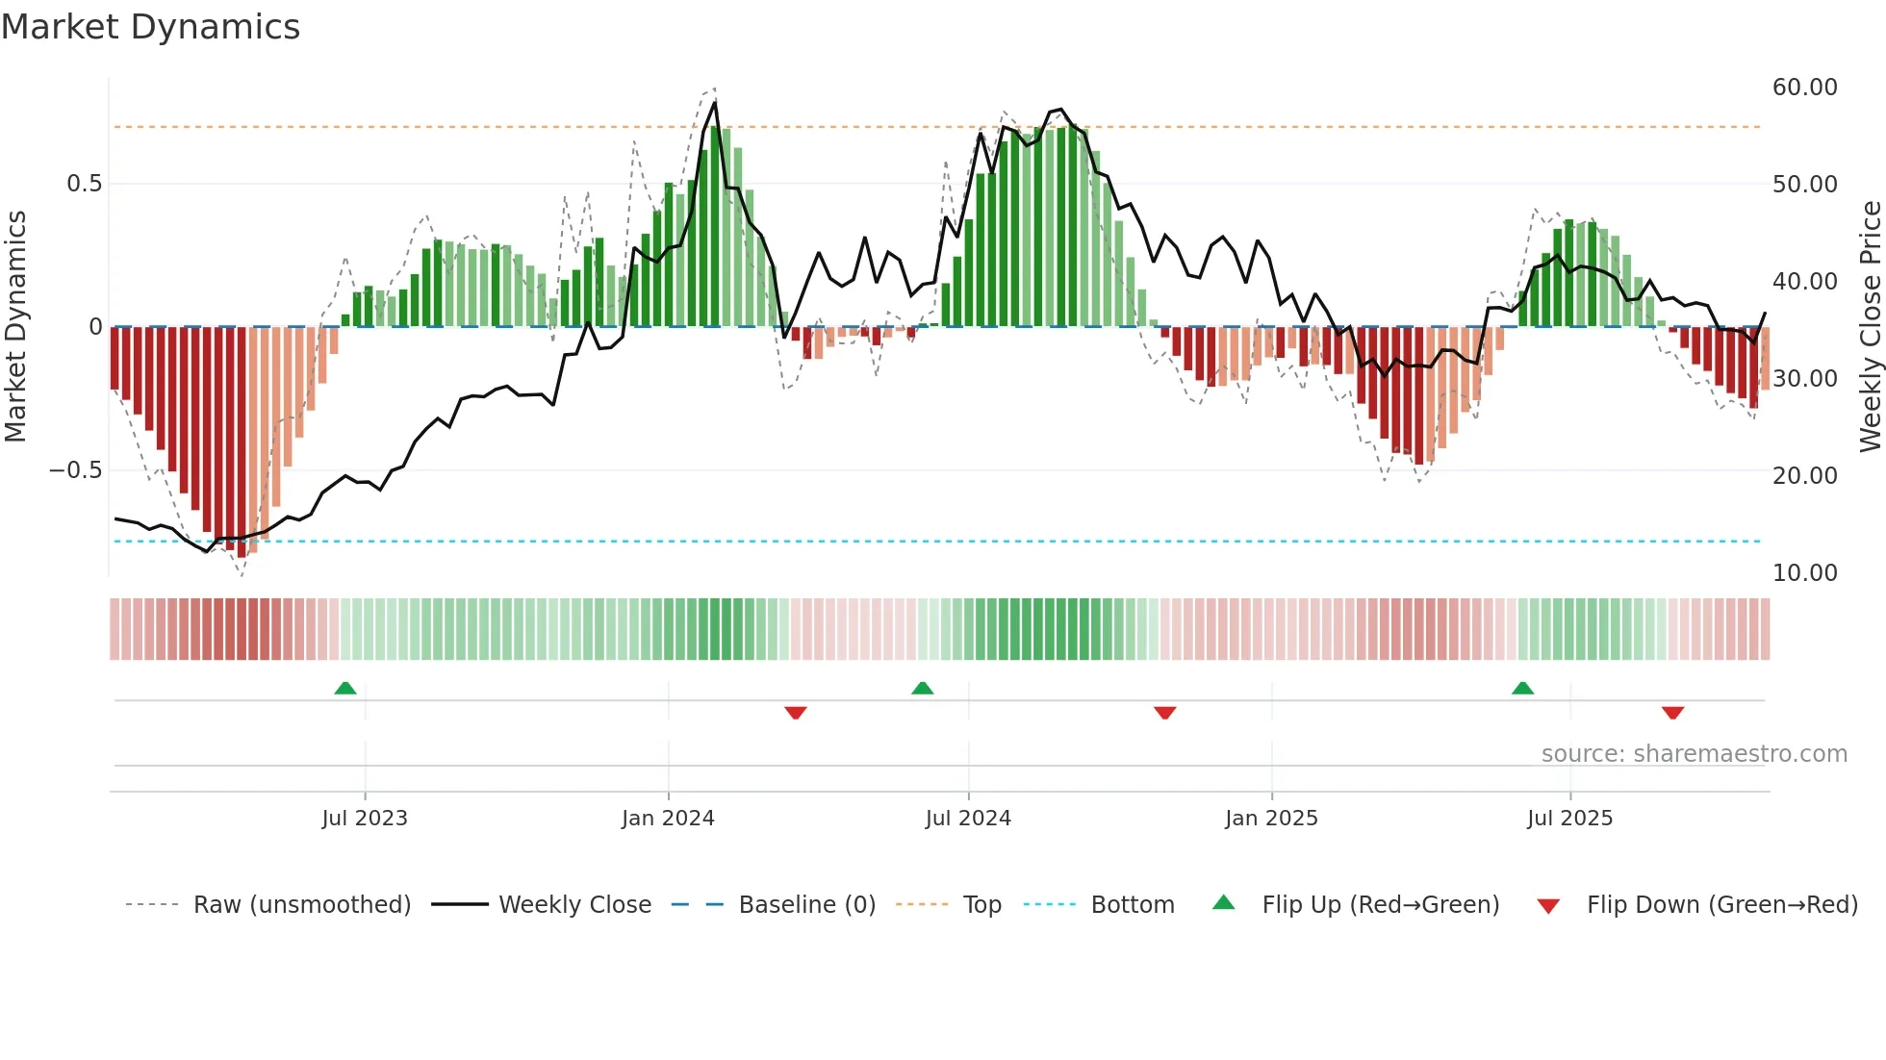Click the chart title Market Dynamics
coord(150,27)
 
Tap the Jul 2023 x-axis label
coord(365,819)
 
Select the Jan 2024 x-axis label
coord(668,819)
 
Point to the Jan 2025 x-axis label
coord(1271,819)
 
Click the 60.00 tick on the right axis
coord(1804,88)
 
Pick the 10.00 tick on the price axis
coord(1804,573)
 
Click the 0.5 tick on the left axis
coord(84,184)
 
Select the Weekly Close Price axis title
coord(1870,327)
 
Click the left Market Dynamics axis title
coord(15,327)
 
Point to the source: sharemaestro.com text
coord(1694,754)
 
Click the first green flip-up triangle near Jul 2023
coord(345,688)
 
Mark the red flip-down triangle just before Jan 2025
coord(1164,713)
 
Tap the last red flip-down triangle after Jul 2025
coord(1672,713)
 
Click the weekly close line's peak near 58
coord(715,103)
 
